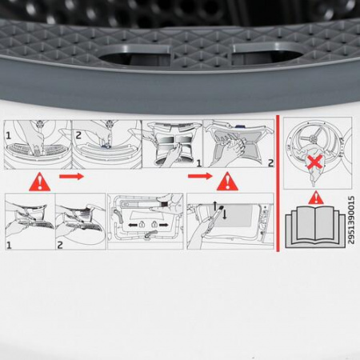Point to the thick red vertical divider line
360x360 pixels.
[275, 184]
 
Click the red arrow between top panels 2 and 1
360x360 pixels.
[71, 175]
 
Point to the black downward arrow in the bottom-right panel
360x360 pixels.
[224, 214]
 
